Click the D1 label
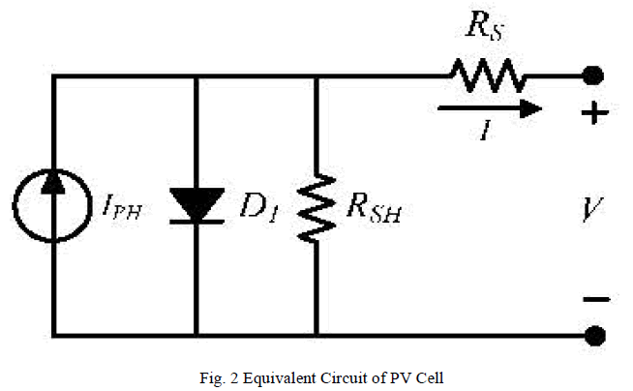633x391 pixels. (x=257, y=207)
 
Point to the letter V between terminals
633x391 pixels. (x=592, y=208)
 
